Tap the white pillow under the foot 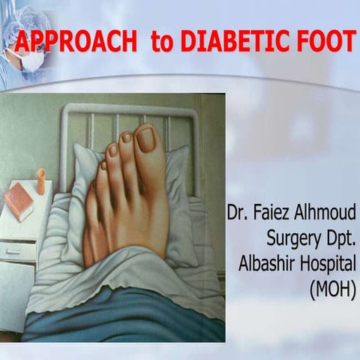point(180,195)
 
